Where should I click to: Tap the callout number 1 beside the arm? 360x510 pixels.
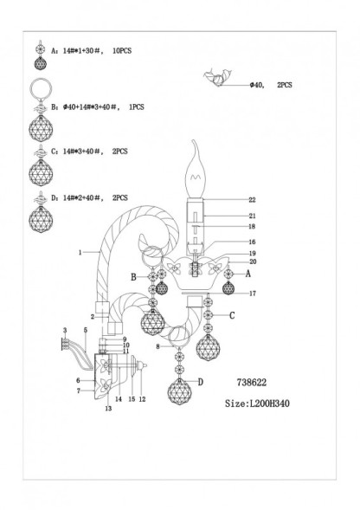[79, 252]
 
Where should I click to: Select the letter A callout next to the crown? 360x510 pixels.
[247, 273]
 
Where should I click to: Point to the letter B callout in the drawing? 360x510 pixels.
[134, 277]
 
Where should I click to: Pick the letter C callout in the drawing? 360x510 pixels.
[231, 315]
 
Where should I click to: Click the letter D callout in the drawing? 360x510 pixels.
[200, 383]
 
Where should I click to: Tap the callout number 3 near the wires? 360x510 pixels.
[65, 330]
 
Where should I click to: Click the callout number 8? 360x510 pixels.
[156, 346]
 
